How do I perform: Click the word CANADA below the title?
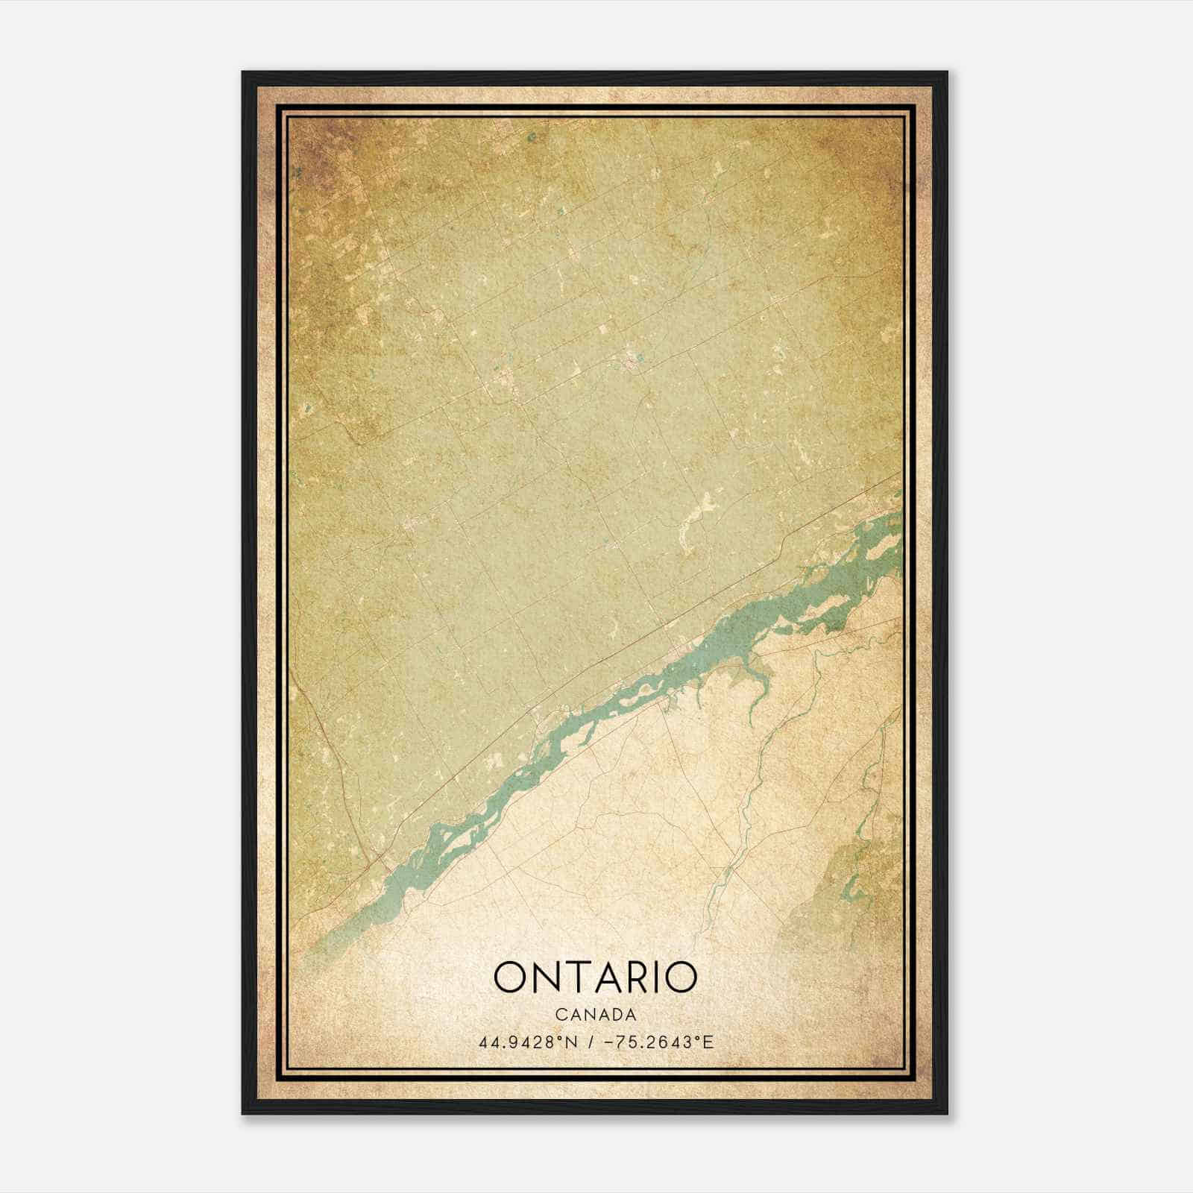pos(595,1015)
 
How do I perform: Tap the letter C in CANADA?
pos(560,1015)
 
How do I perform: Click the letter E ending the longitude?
pos(708,1042)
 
